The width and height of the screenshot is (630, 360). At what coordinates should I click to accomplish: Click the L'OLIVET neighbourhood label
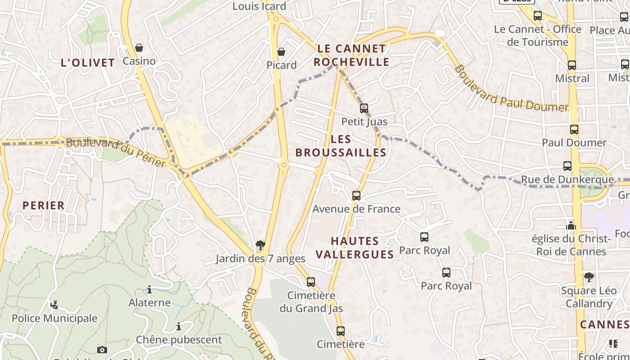point(88,63)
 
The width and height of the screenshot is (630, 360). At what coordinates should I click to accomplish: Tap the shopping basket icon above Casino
point(139,48)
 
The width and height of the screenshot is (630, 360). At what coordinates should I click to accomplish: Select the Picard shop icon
point(281,52)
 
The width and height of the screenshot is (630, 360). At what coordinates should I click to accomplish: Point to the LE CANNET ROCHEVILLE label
point(351,55)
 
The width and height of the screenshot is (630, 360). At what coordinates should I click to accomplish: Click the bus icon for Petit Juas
point(364,108)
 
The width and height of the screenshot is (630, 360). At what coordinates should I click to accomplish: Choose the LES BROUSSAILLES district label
point(341,146)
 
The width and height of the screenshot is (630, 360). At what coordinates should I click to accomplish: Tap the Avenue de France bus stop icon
point(356,196)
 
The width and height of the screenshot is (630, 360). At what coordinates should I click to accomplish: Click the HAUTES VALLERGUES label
point(355,247)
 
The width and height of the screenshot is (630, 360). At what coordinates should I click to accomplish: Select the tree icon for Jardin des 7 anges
point(260,245)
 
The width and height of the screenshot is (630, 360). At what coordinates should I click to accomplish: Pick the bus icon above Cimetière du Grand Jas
point(311,282)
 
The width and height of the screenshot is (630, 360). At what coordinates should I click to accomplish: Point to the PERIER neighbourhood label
point(44,206)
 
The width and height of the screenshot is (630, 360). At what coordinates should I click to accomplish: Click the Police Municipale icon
point(54,305)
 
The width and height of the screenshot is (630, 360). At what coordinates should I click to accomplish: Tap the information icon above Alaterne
point(149,290)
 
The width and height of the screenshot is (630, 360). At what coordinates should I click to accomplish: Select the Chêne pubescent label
point(179,340)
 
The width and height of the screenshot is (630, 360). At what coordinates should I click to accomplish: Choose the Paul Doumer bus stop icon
point(574,130)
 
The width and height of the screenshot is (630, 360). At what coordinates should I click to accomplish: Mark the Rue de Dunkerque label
point(567,180)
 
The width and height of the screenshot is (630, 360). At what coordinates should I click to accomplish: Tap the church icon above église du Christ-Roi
point(571,225)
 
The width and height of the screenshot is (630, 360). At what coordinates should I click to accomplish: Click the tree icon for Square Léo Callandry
point(589,277)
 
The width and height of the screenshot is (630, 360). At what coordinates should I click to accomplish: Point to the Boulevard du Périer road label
point(116,152)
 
